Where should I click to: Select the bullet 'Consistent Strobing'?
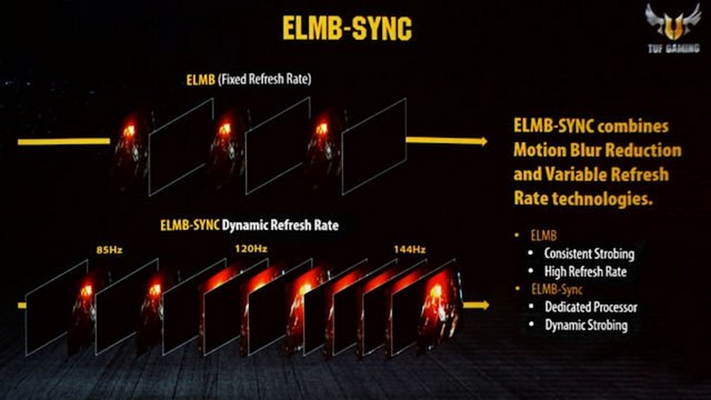click(590, 253)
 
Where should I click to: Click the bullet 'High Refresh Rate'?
click(586, 271)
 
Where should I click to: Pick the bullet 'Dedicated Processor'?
click(591, 308)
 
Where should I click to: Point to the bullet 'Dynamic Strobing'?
click(587, 325)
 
